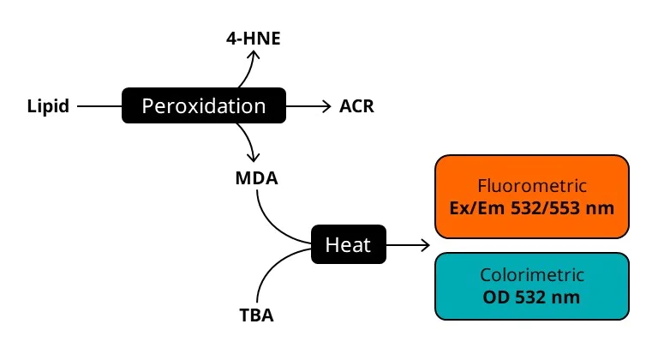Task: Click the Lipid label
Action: (x=49, y=107)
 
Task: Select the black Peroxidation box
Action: (x=204, y=106)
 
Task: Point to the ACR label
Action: (x=356, y=107)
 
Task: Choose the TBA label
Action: (x=256, y=315)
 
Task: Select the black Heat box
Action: (x=348, y=245)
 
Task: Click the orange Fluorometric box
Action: (x=531, y=196)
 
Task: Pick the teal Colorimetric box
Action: (x=531, y=287)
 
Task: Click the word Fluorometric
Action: (x=531, y=185)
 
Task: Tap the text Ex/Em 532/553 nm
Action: (x=531, y=207)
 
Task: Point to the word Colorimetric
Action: (x=531, y=276)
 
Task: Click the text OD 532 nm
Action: (x=531, y=298)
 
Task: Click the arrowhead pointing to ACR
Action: (x=326, y=106)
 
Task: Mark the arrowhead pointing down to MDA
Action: (x=253, y=159)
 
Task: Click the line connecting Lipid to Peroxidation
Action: (x=99, y=107)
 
